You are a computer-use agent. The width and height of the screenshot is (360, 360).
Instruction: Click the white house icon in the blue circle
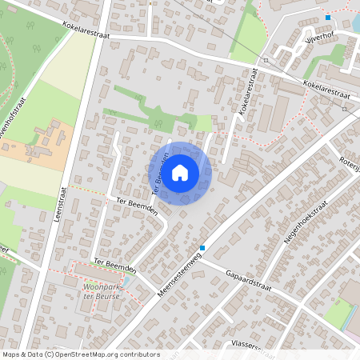180,172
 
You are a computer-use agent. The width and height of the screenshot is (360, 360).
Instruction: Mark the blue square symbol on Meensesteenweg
203,248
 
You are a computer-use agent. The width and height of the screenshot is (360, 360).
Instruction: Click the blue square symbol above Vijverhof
328,18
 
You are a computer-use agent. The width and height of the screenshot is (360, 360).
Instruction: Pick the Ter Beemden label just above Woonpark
114,265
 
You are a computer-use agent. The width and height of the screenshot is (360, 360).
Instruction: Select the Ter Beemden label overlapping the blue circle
159,172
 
